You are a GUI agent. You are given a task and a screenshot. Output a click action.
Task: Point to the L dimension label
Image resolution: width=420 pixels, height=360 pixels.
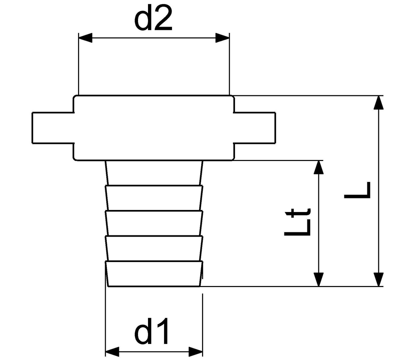point(357,190)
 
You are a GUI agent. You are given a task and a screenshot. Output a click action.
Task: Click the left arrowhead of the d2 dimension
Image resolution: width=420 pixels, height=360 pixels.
point(85,38)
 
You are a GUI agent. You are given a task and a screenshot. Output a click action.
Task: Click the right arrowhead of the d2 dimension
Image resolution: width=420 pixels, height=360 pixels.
point(222,38)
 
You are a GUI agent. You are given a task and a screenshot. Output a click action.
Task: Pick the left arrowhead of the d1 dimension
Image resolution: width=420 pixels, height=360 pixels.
point(112,352)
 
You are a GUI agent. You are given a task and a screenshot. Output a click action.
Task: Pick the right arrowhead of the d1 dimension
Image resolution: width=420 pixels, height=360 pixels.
point(196,352)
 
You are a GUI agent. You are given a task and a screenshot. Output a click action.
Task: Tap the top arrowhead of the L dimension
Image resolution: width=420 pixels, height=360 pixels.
point(379,102)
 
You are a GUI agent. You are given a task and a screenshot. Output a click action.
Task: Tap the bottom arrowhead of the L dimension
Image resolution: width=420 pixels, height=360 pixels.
point(379,280)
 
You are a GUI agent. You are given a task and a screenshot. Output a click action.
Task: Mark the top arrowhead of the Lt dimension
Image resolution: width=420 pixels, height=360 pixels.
point(318,167)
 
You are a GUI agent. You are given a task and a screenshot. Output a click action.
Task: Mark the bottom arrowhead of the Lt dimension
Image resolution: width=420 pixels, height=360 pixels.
point(318,280)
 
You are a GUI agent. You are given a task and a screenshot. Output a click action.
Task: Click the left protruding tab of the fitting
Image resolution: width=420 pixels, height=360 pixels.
point(53,128)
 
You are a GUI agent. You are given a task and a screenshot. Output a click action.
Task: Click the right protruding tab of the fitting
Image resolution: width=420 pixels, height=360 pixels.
point(255,128)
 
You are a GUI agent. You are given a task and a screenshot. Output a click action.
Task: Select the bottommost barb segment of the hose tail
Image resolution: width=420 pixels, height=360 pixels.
point(154,274)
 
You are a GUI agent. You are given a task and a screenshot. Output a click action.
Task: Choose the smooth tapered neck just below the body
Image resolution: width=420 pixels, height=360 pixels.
point(154,173)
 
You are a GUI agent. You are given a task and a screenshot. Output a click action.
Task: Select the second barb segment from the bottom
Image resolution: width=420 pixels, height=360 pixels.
point(154,248)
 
